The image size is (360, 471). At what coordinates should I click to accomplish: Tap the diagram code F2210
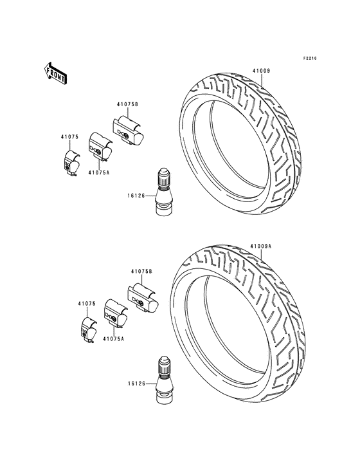[x=309, y=58]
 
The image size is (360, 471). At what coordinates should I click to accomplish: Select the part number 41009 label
[x=261, y=71]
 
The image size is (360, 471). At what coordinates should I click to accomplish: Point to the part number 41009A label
[x=261, y=246]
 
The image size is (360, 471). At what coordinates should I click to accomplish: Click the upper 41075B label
[x=127, y=104]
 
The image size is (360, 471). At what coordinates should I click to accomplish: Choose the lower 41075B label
[x=141, y=272]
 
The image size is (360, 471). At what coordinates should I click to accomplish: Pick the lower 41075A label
[x=113, y=338]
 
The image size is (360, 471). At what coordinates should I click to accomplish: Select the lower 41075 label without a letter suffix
[x=87, y=304]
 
